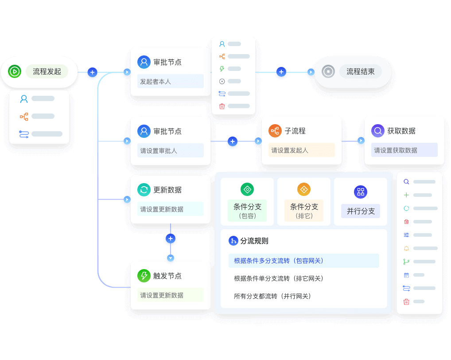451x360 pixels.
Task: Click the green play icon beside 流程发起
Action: [x=15, y=71]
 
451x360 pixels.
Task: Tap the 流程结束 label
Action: [x=360, y=71]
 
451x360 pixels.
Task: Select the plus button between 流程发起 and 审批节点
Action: [x=92, y=72]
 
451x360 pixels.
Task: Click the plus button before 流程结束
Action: [x=281, y=72]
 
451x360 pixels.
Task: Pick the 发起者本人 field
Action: [x=170, y=82]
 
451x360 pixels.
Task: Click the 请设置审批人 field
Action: [x=170, y=151]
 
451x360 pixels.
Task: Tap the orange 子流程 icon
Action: [x=275, y=131]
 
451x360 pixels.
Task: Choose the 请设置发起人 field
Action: [x=301, y=150]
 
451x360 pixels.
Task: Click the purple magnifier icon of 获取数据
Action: [x=378, y=131]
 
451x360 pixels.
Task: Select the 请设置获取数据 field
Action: [x=404, y=150]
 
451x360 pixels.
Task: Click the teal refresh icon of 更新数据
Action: [x=144, y=190]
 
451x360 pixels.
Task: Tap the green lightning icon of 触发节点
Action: [x=144, y=276]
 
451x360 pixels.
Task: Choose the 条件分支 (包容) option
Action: [x=247, y=210]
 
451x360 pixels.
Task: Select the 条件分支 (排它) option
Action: [x=304, y=210]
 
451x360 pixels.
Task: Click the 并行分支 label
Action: [x=361, y=211]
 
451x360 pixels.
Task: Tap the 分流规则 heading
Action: [x=254, y=241]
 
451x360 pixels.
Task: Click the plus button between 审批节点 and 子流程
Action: [x=233, y=142]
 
